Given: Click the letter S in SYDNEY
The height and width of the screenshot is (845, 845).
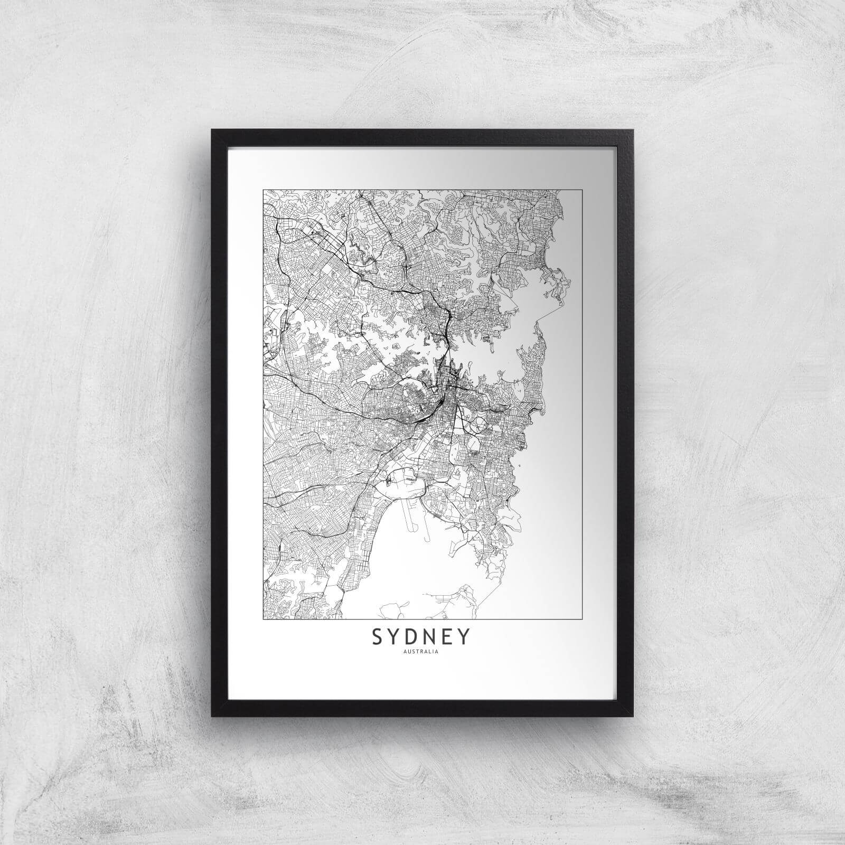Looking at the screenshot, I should (378, 638).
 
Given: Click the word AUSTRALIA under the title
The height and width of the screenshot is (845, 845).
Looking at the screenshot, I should (421, 651).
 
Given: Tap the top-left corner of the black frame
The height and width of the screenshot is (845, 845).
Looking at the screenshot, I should (212, 130).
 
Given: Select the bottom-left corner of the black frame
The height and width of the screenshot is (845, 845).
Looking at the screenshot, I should (212, 716).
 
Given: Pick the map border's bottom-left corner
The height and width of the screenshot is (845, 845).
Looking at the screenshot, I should (263, 618).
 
